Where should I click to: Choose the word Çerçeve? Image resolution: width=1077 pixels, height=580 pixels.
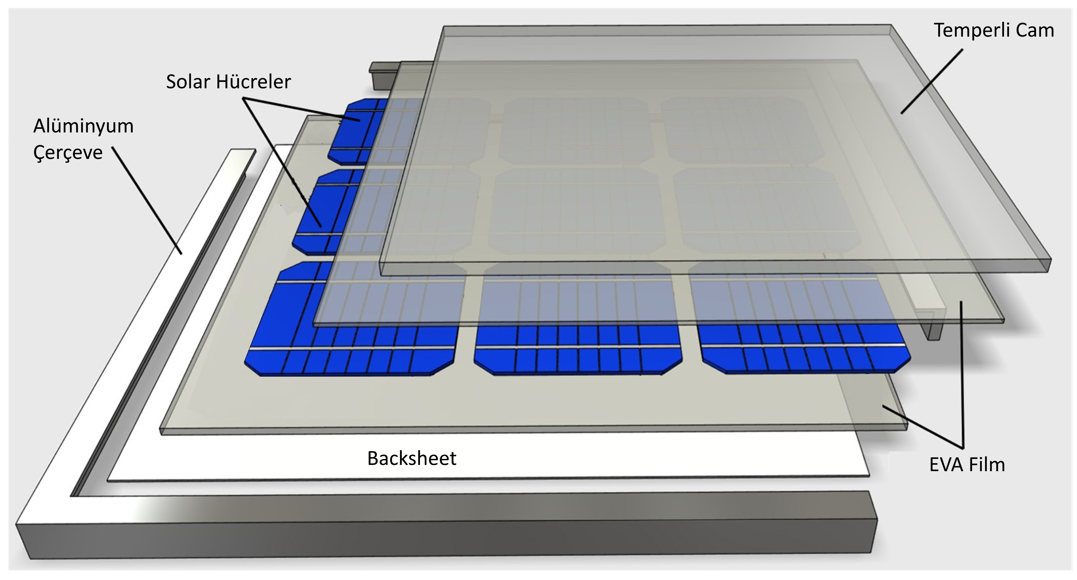68,153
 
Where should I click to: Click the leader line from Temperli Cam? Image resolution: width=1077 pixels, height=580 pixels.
932,81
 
